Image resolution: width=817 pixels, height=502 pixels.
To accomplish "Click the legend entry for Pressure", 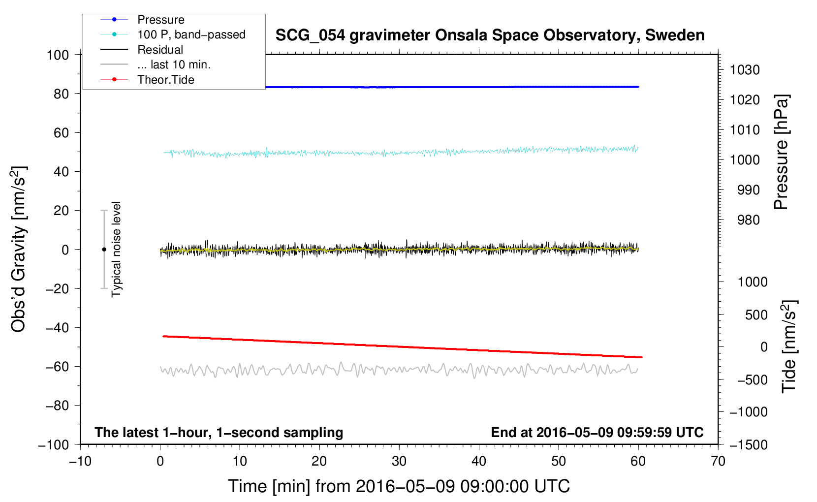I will click(x=160, y=20).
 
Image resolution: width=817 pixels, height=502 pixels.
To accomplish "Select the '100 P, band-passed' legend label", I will click(x=191, y=34).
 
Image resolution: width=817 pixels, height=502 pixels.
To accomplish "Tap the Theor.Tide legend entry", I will click(x=165, y=80).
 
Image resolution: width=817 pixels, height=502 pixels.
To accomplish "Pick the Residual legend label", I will click(x=160, y=50).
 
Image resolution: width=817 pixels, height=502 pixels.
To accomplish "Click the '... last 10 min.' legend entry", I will click(x=174, y=64).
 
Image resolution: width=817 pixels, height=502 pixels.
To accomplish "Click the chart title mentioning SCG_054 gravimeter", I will click(x=490, y=35).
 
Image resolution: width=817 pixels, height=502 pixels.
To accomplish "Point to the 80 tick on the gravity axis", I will click(x=61, y=94).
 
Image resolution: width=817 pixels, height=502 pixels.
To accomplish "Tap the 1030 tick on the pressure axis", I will click(x=745, y=70).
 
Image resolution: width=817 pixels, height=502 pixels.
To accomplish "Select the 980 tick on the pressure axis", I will click(x=749, y=220).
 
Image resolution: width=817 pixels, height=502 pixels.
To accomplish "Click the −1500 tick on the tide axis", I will click(x=749, y=444).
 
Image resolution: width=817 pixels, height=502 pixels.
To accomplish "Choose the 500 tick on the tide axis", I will click(x=756, y=314).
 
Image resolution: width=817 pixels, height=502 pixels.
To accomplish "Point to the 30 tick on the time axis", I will click(x=399, y=461).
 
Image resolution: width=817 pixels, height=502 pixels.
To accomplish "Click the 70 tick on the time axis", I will click(x=718, y=461).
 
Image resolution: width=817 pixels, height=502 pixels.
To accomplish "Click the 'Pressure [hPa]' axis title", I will click(x=781, y=153).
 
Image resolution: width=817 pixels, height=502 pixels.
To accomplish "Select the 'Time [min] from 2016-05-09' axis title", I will click(x=399, y=486).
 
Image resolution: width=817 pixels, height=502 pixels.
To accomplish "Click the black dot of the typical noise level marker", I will click(x=104, y=250).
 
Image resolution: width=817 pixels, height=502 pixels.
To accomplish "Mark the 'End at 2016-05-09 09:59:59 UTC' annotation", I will click(x=597, y=432).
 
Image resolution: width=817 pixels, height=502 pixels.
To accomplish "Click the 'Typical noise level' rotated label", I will click(x=116, y=249).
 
